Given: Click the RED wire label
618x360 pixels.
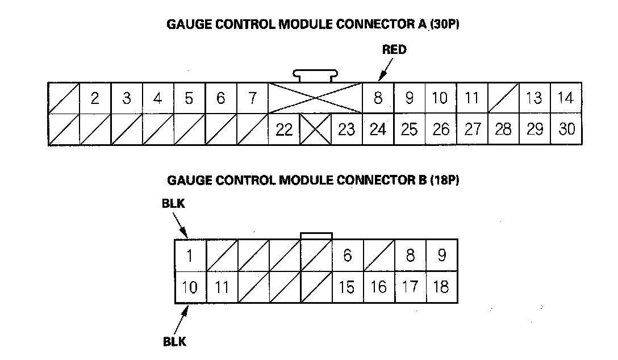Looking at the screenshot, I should (x=394, y=50).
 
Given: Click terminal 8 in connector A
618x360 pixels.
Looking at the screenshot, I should (x=378, y=98).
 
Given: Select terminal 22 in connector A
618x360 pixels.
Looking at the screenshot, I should (x=283, y=130).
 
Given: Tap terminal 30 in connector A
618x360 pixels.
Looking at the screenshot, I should (x=566, y=130).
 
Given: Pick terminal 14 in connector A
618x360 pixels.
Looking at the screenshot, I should (x=565, y=98).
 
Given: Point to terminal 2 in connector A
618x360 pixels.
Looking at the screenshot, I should (x=95, y=98).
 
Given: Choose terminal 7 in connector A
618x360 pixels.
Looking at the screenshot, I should (x=252, y=98).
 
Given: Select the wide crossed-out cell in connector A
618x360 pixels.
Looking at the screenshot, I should (x=315, y=98).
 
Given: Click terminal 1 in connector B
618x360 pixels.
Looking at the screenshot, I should (x=190, y=256).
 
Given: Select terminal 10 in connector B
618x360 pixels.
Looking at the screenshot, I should (x=190, y=288).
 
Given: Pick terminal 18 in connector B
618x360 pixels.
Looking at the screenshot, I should (x=441, y=288).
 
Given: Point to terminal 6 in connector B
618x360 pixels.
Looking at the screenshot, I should (x=347, y=256).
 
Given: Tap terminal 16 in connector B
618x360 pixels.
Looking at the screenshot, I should (x=378, y=288).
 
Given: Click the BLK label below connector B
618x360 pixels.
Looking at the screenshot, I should (x=174, y=342).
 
